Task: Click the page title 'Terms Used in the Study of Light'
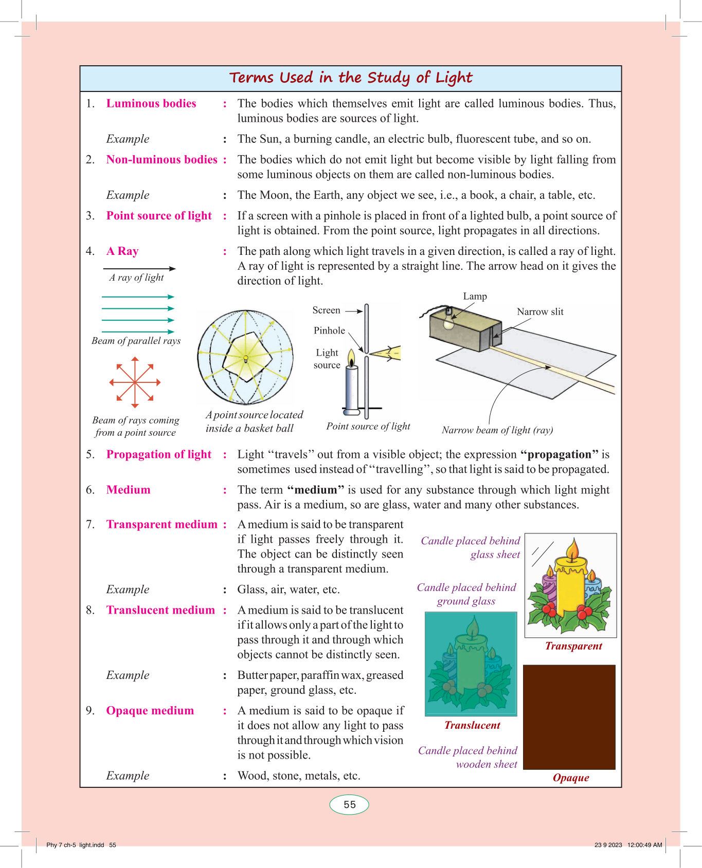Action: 350,78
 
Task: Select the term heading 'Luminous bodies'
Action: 151,103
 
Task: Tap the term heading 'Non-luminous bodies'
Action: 161,159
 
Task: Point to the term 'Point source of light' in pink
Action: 159,215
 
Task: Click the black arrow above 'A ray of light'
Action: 139,268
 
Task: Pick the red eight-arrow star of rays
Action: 135,382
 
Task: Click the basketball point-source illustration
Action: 245,357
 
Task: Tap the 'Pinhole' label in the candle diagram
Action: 329,330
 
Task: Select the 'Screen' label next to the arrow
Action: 326,310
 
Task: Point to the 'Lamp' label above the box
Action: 475,297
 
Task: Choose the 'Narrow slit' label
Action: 540,312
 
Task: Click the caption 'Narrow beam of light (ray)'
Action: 497,430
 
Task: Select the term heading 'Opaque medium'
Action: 150,710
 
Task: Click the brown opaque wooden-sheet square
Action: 569,717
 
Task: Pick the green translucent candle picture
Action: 471,663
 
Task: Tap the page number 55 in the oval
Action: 349,805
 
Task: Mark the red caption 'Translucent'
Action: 472,725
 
